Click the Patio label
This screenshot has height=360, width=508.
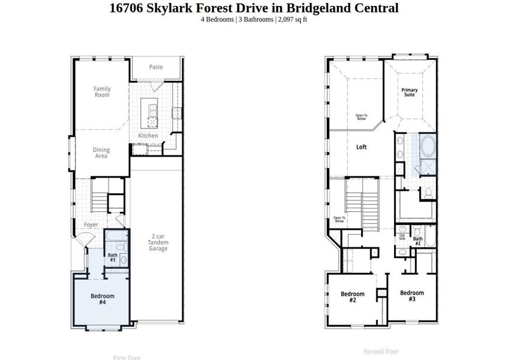[156, 67]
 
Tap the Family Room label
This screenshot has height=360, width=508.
[102, 92]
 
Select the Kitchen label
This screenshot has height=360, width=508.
[148, 136]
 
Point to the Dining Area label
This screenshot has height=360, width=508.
[101, 153]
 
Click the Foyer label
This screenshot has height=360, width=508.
[91, 225]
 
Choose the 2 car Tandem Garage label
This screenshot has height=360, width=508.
[158, 242]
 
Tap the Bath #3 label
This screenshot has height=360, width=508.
[112, 257]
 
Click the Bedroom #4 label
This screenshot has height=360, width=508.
[102, 299]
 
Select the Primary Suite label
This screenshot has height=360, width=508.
[410, 92]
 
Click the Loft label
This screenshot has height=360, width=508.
[361, 147]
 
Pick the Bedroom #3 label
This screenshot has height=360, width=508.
[412, 296]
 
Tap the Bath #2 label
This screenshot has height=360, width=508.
[417, 241]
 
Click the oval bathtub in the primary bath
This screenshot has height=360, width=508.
[427, 146]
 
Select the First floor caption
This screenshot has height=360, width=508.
[127, 358]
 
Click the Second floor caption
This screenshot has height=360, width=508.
[381, 351]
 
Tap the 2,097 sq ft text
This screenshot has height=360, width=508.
[293, 20]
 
